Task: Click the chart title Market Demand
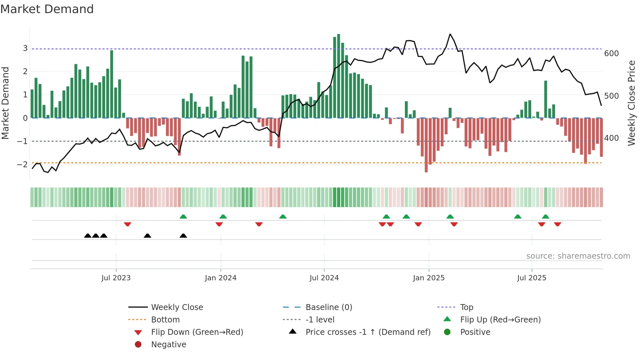click(x=47, y=9)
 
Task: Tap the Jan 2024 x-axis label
click(x=220, y=278)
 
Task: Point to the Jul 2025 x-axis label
click(x=532, y=278)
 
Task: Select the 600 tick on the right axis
click(x=611, y=54)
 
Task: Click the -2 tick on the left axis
click(x=22, y=164)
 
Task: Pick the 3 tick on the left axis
click(x=25, y=48)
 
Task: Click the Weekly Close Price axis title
click(x=632, y=103)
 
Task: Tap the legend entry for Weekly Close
click(x=177, y=307)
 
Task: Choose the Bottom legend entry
click(x=165, y=320)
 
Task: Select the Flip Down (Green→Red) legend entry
click(x=197, y=332)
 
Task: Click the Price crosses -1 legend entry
click(x=368, y=332)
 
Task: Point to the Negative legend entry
click(x=168, y=345)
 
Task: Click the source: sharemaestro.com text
click(x=578, y=256)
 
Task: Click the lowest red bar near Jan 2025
click(x=426, y=145)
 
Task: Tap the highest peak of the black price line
click(x=450, y=34)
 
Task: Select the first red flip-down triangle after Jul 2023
click(x=128, y=224)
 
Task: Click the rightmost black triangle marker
click(x=183, y=236)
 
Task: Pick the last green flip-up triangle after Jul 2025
click(x=545, y=216)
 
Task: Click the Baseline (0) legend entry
click(x=328, y=307)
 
